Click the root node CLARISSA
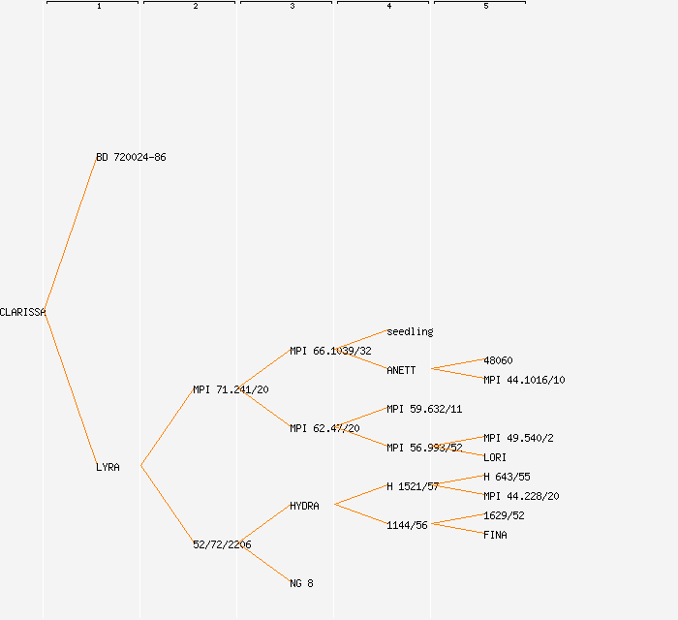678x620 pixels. pyautogui.click(x=22, y=312)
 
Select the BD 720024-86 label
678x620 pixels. pyautogui.click(x=131, y=157)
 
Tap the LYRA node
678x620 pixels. pyautogui.click(x=108, y=467)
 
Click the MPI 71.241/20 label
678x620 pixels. pyautogui.click(x=231, y=389)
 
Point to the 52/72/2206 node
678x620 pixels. pyautogui.click(x=222, y=544)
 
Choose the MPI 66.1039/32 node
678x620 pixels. pyautogui.click(x=330, y=351)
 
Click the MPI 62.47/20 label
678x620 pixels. pyautogui.click(x=324, y=428)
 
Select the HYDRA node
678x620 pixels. pyautogui.click(x=304, y=506)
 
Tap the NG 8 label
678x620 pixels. pyautogui.click(x=301, y=583)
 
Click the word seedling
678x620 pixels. pyautogui.click(x=410, y=331)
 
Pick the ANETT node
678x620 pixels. pyautogui.click(x=401, y=370)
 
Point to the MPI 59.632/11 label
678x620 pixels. pyautogui.click(x=424, y=409)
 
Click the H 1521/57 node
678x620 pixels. pyautogui.click(x=413, y=486)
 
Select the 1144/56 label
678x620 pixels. pyautogui.click(x=407, y=525)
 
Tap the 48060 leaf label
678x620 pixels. pyautogui.click(x=498, y=360)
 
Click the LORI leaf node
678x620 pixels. pyautogui.click(x=495, y=457)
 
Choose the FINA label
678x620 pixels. pyautogui.click(x=495, y=535)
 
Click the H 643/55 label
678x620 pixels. pyautogui.click(x=507, y=477)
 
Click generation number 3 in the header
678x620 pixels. pyautogui.click(x=292, y=7)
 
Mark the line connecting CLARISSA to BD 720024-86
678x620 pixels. pyautogui.click(x=70, y=234)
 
